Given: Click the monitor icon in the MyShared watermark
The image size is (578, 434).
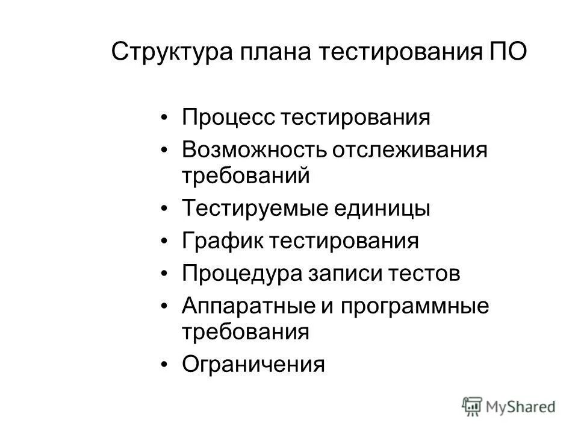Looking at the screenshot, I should tap(472, 406).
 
